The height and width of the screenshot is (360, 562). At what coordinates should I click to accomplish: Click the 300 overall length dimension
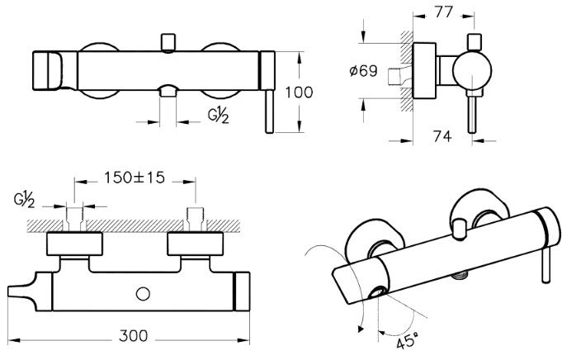(x=133, y=336)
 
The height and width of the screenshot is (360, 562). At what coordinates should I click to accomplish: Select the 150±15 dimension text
(x=135, y=178)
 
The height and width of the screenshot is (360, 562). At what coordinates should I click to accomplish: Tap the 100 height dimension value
(x=299, y=92)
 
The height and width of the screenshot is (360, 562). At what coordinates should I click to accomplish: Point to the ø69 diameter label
(x=363, y=71)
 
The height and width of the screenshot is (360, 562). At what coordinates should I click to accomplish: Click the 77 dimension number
(x=444, y=12)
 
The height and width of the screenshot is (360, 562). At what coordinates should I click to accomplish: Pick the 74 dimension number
(x=442, y=136)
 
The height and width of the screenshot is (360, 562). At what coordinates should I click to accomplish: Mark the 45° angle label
(x=408, y=341)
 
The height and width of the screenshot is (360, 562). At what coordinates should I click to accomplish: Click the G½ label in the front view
(x=218, y=115)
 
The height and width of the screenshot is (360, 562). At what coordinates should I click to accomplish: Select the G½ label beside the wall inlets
(x=24, y=200)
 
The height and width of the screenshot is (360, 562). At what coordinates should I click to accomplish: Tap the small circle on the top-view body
(x=143, y=294)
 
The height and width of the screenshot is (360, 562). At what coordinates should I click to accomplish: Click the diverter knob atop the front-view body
(x=168, y=42)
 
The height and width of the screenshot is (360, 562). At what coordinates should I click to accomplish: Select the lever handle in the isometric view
(x=546, y=265)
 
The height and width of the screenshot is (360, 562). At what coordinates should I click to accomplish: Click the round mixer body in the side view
(x=472, y=70)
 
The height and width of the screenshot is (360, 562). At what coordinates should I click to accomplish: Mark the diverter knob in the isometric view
(x=458, y=229)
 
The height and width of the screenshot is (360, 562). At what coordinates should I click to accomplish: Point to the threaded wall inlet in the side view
(x=395, y=76)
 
